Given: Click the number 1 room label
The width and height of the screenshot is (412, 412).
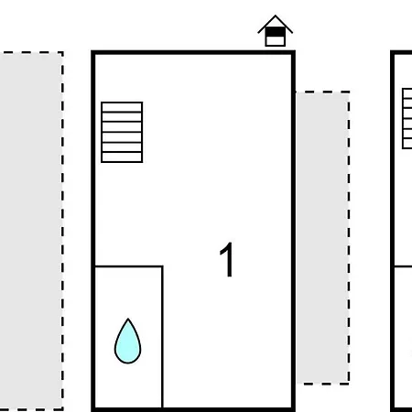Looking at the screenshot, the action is pyautogui.click(x=227, y=259).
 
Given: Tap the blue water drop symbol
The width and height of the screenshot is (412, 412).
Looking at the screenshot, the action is pyautogui.click(x=128, y=342).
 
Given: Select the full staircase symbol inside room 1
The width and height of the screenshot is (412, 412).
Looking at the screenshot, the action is pyautogui.click(x=122, y=132).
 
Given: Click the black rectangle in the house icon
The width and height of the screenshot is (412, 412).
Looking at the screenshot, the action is pyautogui.click(x=276, y=32).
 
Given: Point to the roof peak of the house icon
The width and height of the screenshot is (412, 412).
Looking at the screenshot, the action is pyautogui.click(x=276, y=16).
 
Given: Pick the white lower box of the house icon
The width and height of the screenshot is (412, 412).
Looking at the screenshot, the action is pyautogui.click(x=276, y=41).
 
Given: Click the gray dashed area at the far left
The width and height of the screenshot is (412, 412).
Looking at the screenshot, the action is pyautogui.click(x=32, y=231).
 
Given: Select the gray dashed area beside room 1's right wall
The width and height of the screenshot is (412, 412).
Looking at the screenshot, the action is pyautogui.click(x=322, y=237).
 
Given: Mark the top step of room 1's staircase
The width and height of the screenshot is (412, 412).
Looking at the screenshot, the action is pyautogui.click(x=122, y=107).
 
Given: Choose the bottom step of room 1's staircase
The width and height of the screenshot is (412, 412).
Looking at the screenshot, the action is pyautogui.click(x=122, y=157).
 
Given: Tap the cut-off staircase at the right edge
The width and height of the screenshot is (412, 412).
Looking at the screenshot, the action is pyautogui.click(x=407, y=118).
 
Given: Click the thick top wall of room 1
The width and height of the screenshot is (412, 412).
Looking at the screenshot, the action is pyautogui.click(x=193, y=52).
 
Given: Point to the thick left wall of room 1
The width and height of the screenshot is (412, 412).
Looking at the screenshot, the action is pyautogui.click(x=93, y=231).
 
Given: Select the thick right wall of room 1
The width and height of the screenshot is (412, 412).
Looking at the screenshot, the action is pyautogui.click(x=293, y=231).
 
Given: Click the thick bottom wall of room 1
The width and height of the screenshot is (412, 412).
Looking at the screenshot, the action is pyautogui.click(x=193, y=409).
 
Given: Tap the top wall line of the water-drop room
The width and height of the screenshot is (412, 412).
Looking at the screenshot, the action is pyautogui.click(x=129, y=266).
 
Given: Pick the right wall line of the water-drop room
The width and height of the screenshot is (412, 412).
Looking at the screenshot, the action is pyautogui.click(x=162, y=337).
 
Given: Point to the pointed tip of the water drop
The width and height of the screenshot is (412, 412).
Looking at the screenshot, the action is pyautogui.click(x=128, y=319).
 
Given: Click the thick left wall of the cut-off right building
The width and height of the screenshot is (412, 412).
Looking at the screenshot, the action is pyautogui.click(x=393, y=231).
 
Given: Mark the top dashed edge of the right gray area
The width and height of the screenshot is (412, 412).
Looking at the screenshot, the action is pyautogui.click(x=322, y=92).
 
